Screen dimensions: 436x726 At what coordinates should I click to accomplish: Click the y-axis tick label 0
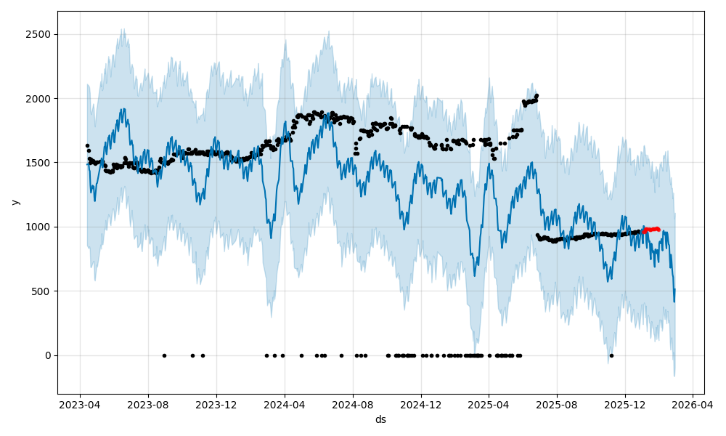pyautogui.click(x=48, y=355)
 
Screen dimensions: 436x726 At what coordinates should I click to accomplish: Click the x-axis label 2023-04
pyautogui.click(x=80, y=404)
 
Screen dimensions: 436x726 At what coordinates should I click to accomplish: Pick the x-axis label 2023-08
pyautogui.click(x=148, y=404)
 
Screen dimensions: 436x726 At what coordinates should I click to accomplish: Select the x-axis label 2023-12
pyautogui.click(x=216, y=404)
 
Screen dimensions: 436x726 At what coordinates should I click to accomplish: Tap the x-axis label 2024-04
pyautogui.click(x=285, y=404)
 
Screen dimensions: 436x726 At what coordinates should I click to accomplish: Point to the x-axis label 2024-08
pyautogui.click(x=353, y=404)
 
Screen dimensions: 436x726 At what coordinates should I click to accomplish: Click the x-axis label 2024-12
pyautogui.click(x=421, y=404)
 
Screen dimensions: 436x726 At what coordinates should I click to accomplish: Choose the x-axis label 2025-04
pyautogui.click(x=489, y=404)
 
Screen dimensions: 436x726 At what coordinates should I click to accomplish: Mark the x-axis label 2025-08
pyautogui.click(x=557, y=404)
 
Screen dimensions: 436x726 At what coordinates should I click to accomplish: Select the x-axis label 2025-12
pyautogui.click(x=625, y=404)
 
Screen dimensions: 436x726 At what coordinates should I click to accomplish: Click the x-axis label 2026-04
pyautogui.click(x=692, y=404)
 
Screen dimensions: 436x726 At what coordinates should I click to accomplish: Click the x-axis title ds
pyautogui.click(x=380, y=419)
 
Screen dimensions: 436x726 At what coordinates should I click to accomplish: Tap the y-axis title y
pyautogui.click(x=15, y=202)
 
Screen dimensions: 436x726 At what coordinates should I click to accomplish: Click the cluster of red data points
pyautogui.click(x=650, y=230)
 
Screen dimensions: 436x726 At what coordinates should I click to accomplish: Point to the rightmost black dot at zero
pyautogui.click(x=611, y=355)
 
